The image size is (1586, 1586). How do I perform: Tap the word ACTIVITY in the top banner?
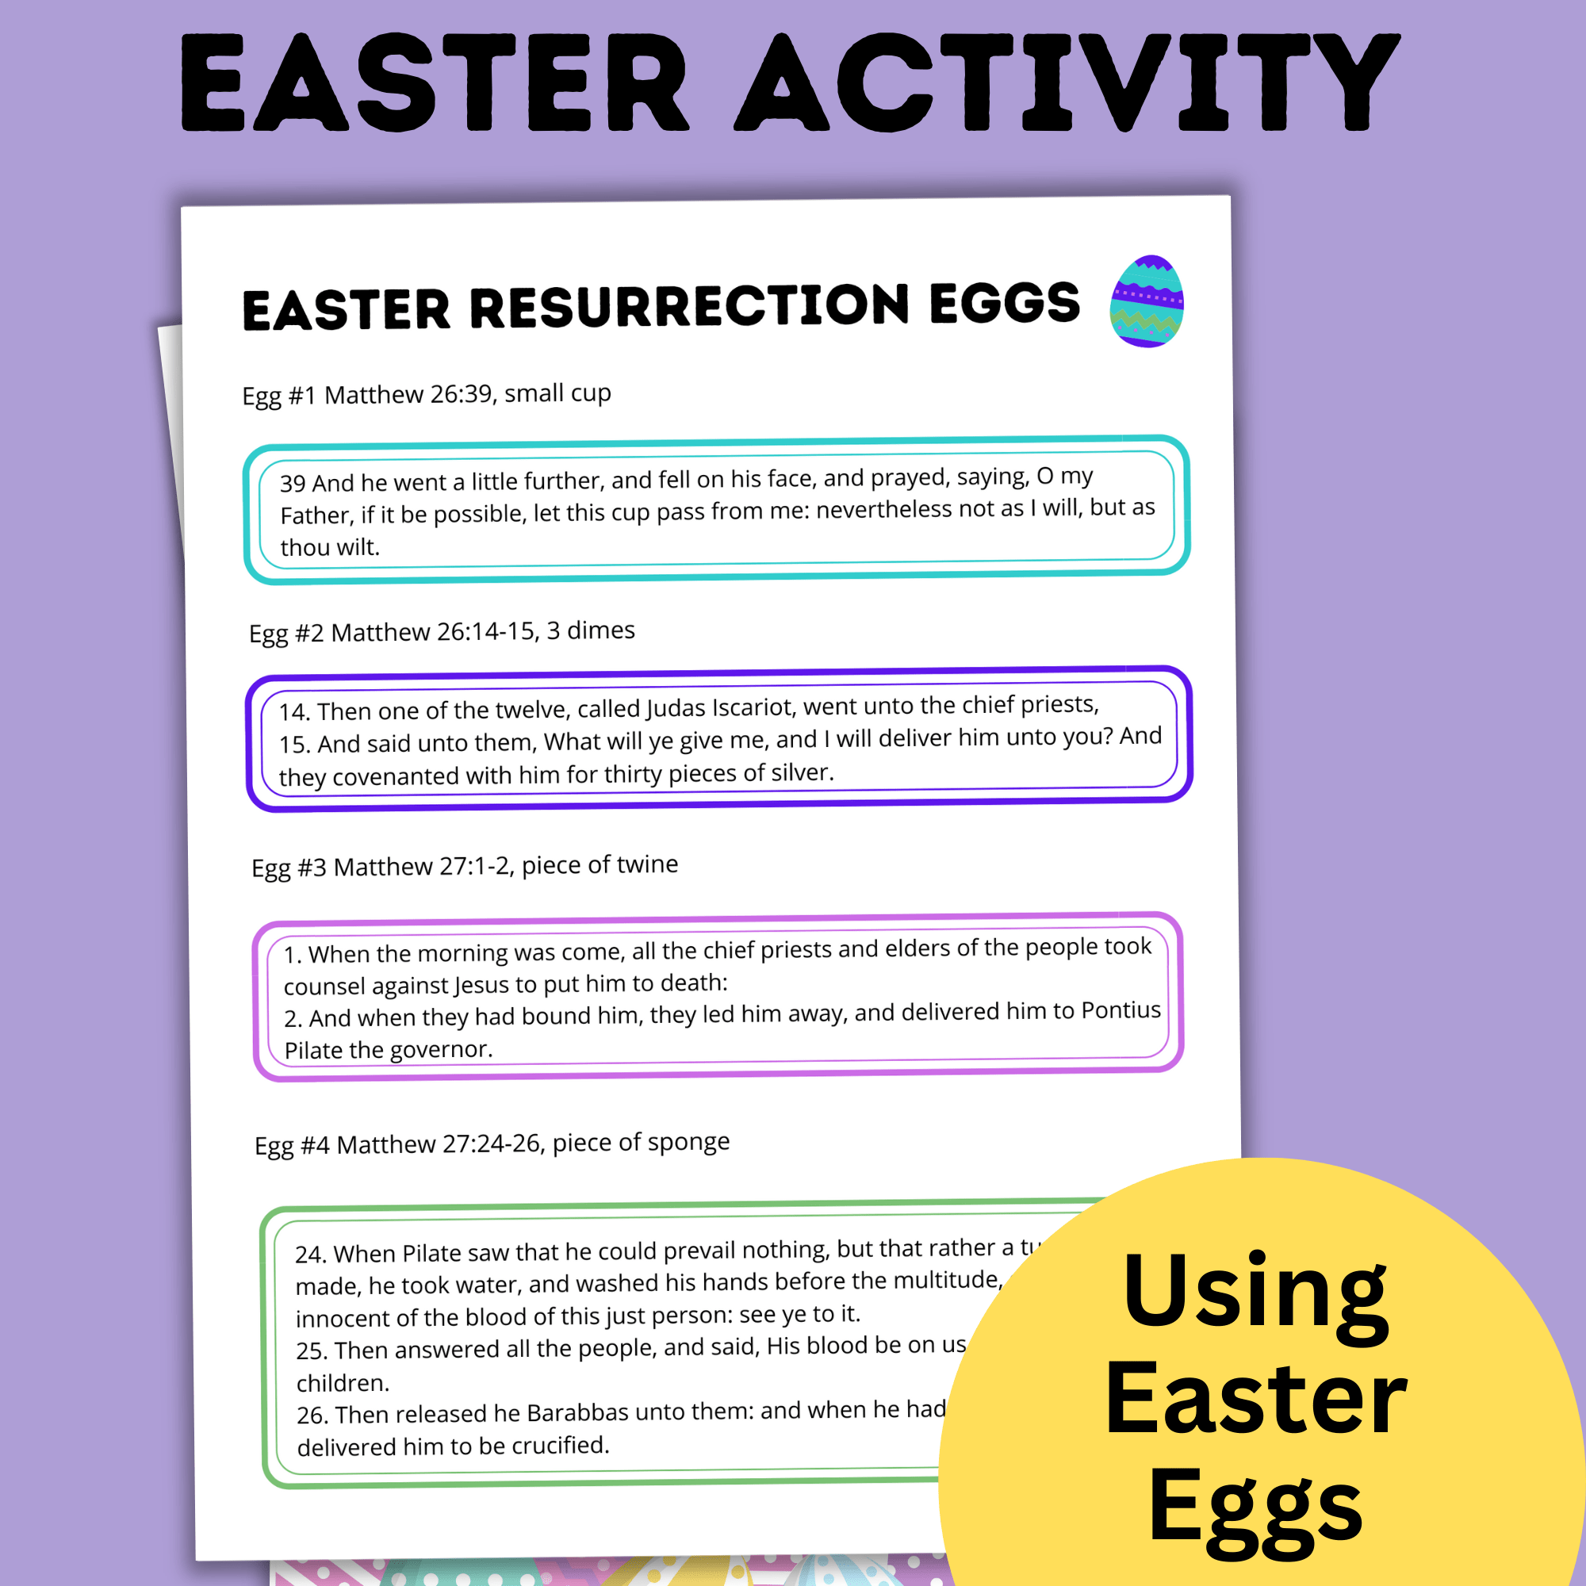click(x=1067, y=84)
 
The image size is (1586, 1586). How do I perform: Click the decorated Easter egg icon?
click(x=1147, y=301)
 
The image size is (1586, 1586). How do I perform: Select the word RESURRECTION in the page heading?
click(x=690, y=306)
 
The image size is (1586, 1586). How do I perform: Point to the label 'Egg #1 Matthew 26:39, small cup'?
click(x=426, y=395)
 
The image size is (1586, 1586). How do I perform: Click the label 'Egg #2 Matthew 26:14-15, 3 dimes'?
click(x=442, y=631)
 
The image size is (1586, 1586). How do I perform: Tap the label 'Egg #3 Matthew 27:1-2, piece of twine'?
click(x=465, y=865)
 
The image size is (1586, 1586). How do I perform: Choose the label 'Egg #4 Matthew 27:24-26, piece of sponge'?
click(x=492, y=1143)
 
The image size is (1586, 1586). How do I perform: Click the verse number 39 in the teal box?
click(x=293, y=483)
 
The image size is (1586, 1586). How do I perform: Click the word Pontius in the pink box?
click(x=1121, y=1010)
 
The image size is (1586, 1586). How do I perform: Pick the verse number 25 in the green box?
click(x=311, y=1350)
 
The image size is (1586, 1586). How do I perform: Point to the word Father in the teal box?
click(x=314, y=515)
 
